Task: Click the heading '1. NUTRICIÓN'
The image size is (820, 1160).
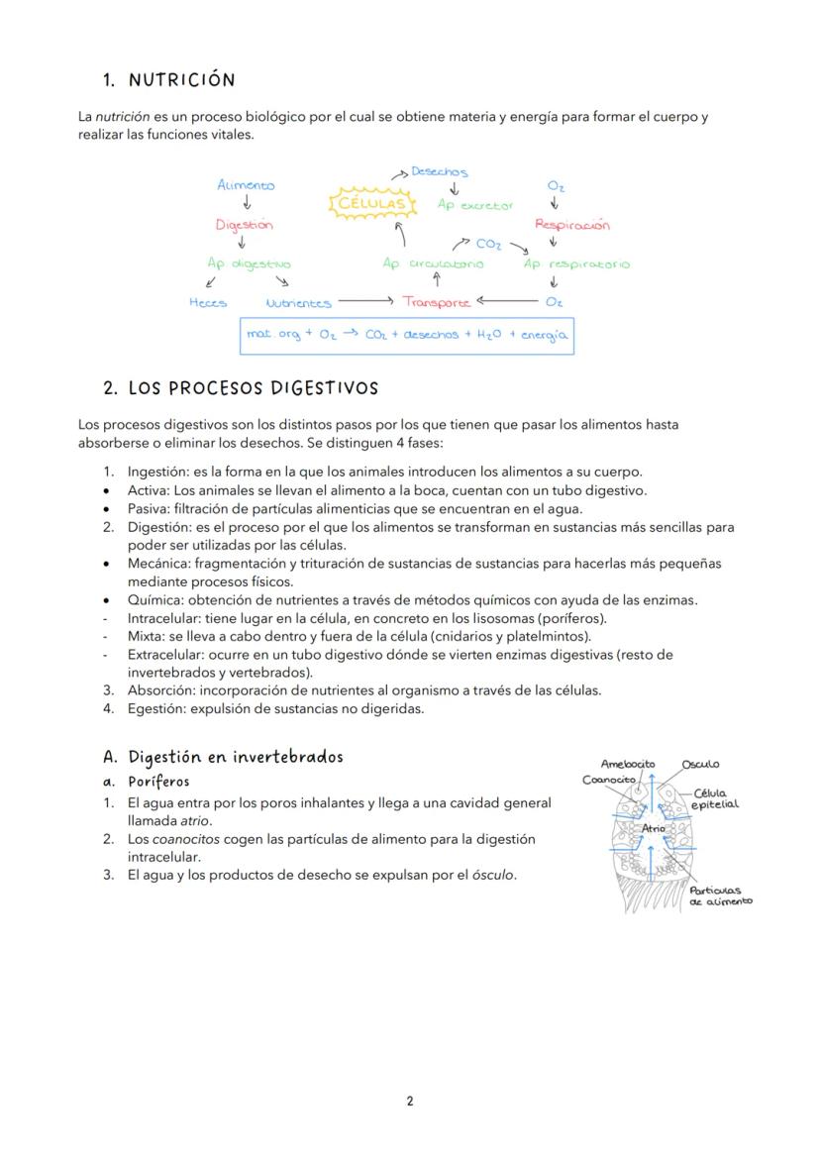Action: click(168, 80)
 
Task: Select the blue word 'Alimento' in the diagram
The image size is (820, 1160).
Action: click(246, 185)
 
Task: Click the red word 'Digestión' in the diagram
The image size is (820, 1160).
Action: click(244, 225)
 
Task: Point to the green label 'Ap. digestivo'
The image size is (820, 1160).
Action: click(249, 264)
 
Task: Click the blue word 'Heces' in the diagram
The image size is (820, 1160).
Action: click(208, 303)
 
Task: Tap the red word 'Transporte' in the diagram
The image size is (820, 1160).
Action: click(436, 302)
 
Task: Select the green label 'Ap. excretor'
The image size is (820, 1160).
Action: click(475, 206)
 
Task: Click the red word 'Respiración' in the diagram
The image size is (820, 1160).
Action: click(571, 225)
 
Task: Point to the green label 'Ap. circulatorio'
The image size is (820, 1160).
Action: click(433, 264)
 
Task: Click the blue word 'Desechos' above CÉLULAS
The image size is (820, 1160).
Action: click(439, 172)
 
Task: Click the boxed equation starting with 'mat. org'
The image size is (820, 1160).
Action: click(406, 336)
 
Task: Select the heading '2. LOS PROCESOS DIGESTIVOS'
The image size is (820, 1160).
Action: click(241, 387)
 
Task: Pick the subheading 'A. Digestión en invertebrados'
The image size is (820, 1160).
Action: click(223, 757)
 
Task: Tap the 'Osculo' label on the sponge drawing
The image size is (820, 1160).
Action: click(700, 764)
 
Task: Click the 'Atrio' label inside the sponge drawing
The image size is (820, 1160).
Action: click(653, 827)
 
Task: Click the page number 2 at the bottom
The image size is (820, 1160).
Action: click(410, 1101)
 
